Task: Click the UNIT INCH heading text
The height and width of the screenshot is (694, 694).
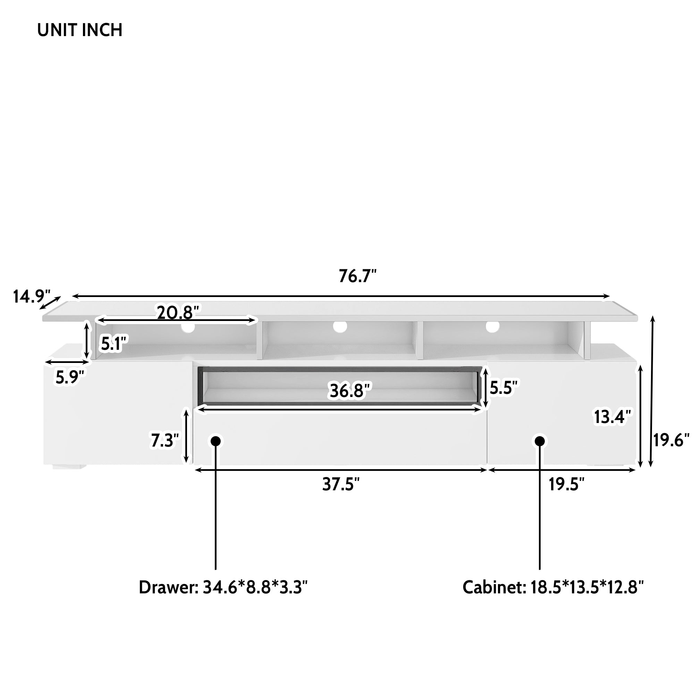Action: point(80,30)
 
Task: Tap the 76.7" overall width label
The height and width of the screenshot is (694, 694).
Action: point(357,276)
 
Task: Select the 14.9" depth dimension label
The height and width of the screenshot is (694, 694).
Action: point(31,297)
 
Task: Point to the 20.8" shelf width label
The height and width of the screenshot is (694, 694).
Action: point(178,313)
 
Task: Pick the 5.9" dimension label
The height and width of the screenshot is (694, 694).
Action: point(70,377)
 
